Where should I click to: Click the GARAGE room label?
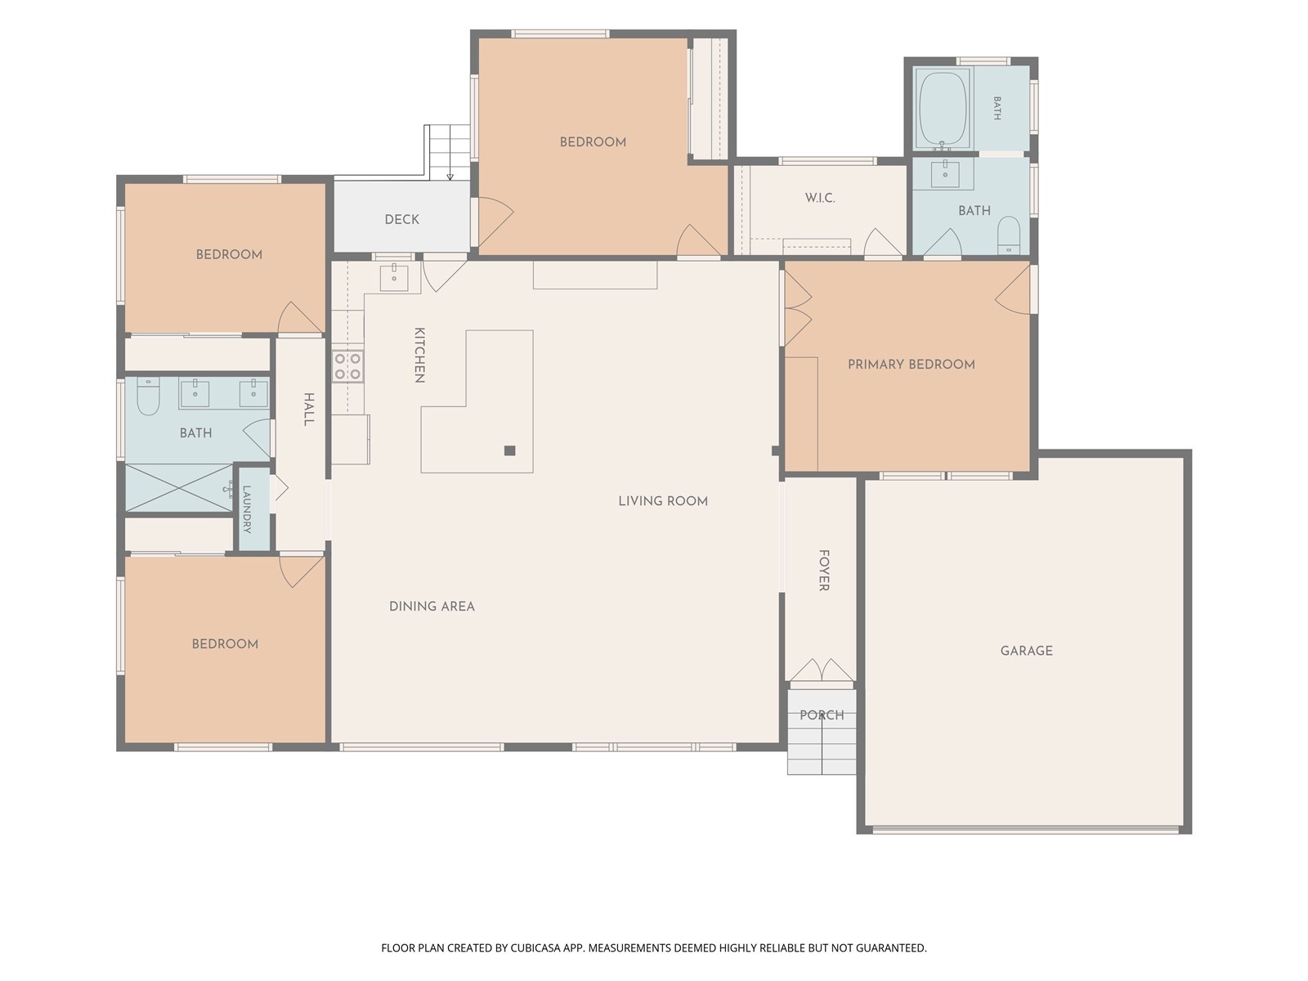(1026, 651)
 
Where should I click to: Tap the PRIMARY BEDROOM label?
(912, 365)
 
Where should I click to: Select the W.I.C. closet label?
(820, 199)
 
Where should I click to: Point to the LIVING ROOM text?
(663, 501)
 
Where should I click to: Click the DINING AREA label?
(432, 607)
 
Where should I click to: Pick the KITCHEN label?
(419, 355)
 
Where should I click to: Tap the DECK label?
(401, 220)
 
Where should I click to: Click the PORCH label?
(822, 715)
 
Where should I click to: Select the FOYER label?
(823, 571)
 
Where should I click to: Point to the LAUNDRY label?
(247, 509)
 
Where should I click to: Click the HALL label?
(309, 410)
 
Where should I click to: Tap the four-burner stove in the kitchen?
(348, 366)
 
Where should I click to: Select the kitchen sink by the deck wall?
(394, 278)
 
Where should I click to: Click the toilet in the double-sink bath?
(148, 396)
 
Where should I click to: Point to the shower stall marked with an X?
(179, 488)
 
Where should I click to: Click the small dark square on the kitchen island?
(509, 451)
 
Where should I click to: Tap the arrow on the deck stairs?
(450, 177)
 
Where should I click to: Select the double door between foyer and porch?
(822, 670)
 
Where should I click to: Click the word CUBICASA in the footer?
(535, 948)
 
